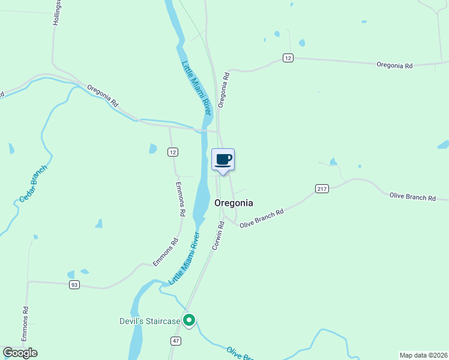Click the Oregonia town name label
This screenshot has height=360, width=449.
(x=234, y=203)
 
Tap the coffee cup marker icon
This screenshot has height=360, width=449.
(x=223, y=160)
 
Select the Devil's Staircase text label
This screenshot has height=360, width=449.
(x=149, y=322)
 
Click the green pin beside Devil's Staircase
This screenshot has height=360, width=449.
(x=189, y=321)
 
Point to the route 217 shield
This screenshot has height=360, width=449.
(x=322, y=188)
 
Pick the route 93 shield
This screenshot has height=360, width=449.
(x=74, y=284)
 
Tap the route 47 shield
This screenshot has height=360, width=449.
(x=175, y=341)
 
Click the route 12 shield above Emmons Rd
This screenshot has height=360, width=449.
(x=173, y=152)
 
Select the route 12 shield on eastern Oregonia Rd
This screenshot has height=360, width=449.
(x=288, y=58)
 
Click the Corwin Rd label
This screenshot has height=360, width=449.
(x=218, y=235)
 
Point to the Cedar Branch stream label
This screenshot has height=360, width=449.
(x=32, y=182)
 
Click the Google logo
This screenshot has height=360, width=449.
(x=20, y=353)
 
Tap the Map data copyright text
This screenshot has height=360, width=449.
(x=423, y=355)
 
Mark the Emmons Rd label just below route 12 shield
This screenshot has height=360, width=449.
(x=179, y=199)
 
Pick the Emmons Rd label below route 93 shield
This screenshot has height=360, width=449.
(x=25, y=324)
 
